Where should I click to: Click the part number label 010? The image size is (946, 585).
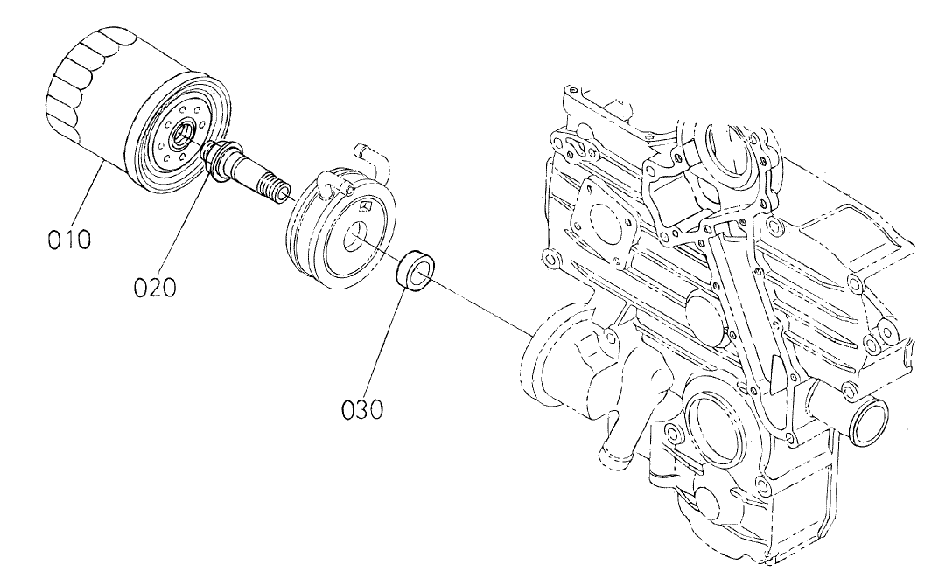tap(69, 238)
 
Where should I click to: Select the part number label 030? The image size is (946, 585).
tap(362, 407)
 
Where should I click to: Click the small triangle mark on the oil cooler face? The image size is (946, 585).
tap(368, 205)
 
